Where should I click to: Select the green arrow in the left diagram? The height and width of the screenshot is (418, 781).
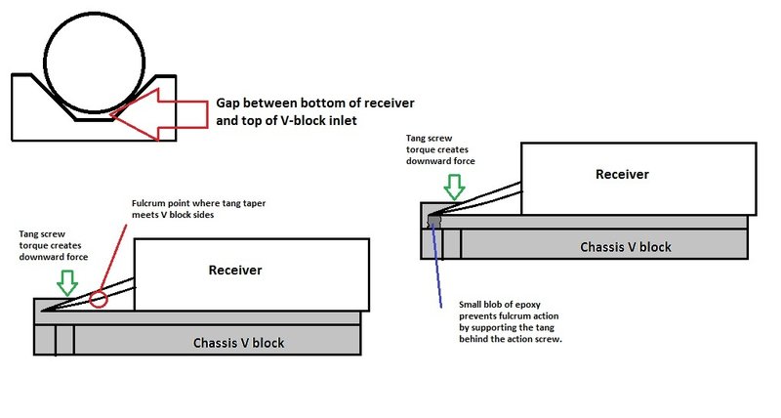tap(66, 282)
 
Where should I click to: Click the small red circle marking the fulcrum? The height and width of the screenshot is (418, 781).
tap(98, 296)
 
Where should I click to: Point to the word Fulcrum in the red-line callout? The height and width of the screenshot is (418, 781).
tap(151, 203)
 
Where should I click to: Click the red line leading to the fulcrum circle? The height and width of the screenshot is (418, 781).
tap(115, 253)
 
